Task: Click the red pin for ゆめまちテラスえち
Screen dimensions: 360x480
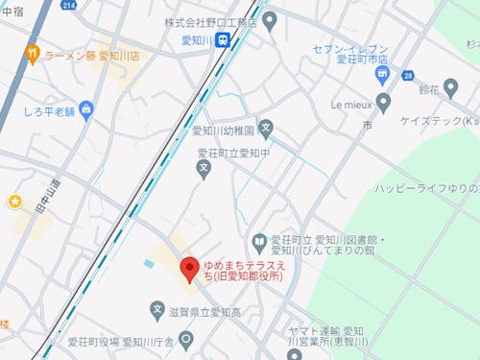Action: (x=189, y=270)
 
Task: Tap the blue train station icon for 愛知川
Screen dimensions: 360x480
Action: (x=223, y=40)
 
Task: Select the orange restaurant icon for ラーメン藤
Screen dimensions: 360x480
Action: (x=32, y=55)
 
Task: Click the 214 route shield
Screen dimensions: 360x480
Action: (x=68, y=6)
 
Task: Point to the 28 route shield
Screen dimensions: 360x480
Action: (x=407, y=75)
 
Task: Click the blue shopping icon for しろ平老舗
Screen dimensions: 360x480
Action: (x=86, y=110)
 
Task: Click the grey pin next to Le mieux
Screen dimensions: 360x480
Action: (x=383, y=101)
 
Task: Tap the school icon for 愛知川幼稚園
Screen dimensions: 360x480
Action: (x=267, y=128)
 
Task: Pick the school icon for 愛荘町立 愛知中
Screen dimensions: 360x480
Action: (x=203, y=170)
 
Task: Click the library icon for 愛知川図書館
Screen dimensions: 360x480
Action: (x=258, y=242)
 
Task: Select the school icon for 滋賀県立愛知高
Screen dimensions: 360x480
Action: (x=157, y=310)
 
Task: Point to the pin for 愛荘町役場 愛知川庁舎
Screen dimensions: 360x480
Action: (x=186, y=340)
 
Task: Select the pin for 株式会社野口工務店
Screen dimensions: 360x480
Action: (x=270, y=19)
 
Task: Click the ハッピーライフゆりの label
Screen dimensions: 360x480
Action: (x=421, y=186)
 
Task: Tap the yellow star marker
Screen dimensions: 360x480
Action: (x=15, y=201)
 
